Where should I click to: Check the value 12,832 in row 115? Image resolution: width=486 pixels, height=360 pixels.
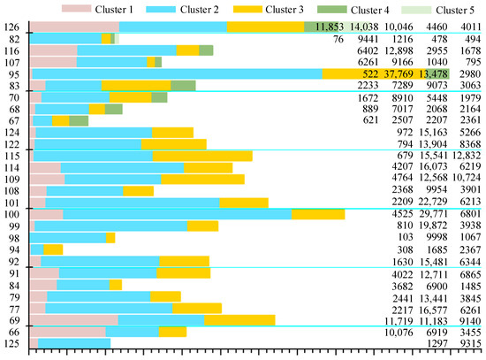[460, 156]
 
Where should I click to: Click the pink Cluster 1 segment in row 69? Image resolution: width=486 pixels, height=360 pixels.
[74, 319]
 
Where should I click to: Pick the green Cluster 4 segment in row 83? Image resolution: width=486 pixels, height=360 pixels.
[183, 86]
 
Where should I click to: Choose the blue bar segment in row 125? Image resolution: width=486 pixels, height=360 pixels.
[74, 342]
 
